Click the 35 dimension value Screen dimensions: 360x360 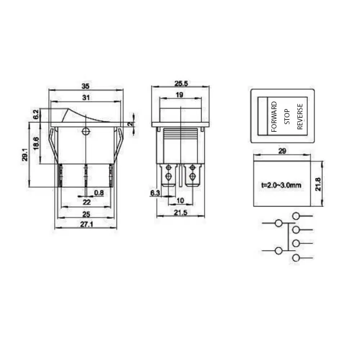coord(85,86)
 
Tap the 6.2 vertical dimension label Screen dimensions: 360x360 coord(36,115)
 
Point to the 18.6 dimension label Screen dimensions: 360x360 coord(36,143)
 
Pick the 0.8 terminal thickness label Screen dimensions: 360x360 coord(99,193)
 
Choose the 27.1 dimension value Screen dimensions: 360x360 coord(86,225)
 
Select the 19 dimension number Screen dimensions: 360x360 coord(180,95)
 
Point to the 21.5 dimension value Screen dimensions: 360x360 coord(180,213)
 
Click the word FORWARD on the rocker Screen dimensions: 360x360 coord(274,117)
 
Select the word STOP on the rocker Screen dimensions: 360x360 coord(287,117)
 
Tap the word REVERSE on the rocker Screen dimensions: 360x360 coord(300,117)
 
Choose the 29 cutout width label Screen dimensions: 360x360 coord(282,151)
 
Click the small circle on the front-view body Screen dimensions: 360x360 coord(86,131)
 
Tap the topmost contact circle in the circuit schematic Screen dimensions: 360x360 coord(296,216)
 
